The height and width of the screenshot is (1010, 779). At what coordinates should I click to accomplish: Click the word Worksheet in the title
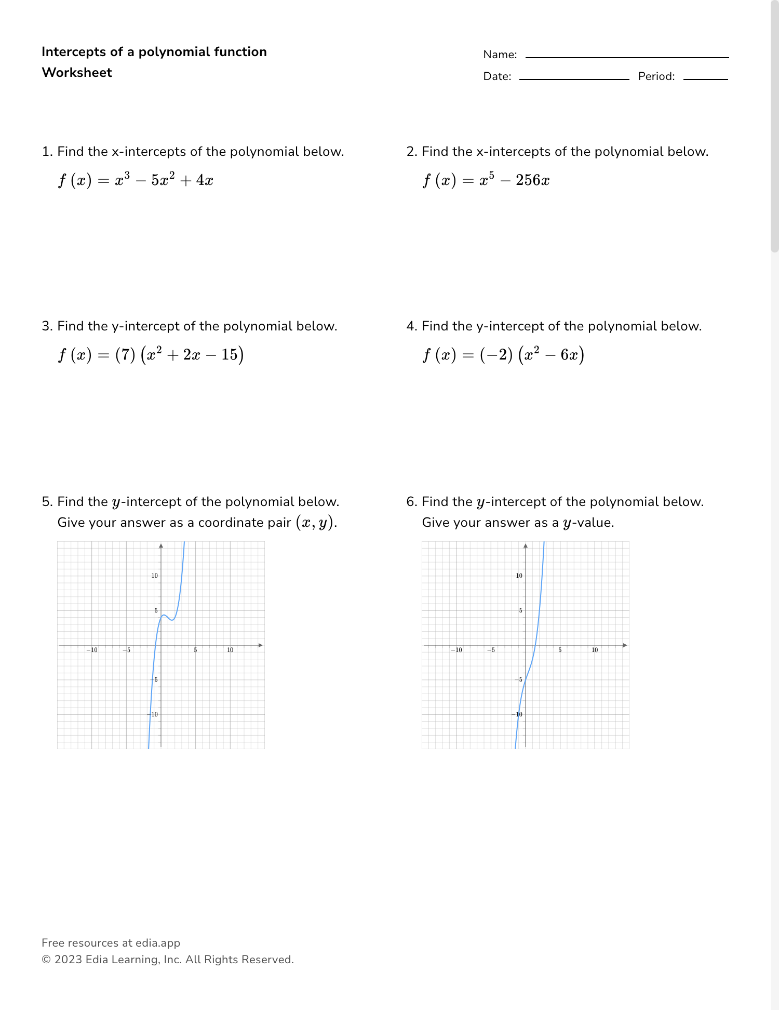pos(77,73)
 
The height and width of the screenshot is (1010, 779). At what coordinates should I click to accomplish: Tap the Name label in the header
pos(500,55)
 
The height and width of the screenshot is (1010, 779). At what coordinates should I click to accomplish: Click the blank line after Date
pos(574,78)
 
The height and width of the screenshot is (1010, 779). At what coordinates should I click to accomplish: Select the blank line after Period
pos(705,78)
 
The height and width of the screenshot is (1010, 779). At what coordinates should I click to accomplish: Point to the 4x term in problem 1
pos(205,180)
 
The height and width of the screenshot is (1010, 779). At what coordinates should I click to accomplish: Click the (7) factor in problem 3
pos(125,355)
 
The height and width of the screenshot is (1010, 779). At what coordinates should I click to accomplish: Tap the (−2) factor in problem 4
pos(496,355)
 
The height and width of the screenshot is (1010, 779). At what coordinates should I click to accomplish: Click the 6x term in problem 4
pos(569,355)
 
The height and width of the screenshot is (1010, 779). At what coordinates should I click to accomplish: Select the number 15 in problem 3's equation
pos(229,355)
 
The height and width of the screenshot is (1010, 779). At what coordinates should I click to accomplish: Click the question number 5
pos(47,502)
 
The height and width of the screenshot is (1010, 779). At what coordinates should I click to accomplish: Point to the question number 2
pos(411,152)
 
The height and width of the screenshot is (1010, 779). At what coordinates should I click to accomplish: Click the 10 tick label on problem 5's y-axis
pos(154,576)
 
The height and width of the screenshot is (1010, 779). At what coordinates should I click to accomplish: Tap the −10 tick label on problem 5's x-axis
pos(91,650)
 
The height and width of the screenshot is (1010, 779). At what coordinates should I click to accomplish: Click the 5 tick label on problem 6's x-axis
pos(560,650)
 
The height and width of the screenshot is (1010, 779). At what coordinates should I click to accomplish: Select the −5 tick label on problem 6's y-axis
pos(518,680)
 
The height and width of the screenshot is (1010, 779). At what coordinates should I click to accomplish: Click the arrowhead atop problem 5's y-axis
pos(161,545)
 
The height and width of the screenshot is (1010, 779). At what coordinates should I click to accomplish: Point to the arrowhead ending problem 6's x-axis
pos(625,645)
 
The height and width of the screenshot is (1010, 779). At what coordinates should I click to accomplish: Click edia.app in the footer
pos(158,943)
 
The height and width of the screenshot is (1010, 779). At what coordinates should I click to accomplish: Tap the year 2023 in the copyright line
pos(68,960)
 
